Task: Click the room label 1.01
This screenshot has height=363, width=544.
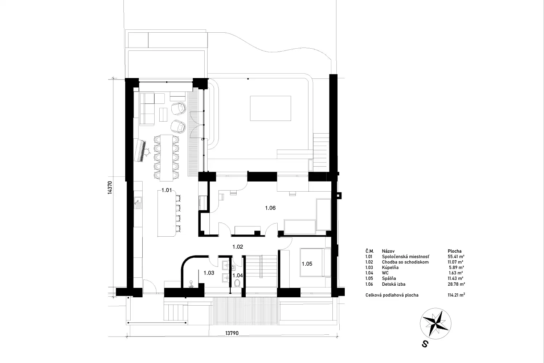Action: click(x=167, y=190)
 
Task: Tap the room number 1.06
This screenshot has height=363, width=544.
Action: click(x=270, y=208)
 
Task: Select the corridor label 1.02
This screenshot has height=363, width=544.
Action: click(x=237, y=247)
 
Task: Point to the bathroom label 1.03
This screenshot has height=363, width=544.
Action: click(x=209, y=273)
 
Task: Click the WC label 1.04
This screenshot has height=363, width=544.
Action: click(x=238, y=276)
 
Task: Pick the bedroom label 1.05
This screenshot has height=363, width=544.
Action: click(x=307, y=264)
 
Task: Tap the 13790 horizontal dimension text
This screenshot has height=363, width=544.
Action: click(x=232, y=333)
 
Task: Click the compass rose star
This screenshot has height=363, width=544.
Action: click(x=436, y=324)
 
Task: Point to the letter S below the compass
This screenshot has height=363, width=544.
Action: click(x=425, y=344)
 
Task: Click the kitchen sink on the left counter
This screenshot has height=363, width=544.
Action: click(x=138, y=203)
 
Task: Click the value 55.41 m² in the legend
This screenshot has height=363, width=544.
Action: click(x=456, y=256)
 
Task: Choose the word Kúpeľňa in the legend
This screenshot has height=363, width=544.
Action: click(x=390, y=267)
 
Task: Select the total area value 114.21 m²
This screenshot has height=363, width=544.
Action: click(x=456, y=295)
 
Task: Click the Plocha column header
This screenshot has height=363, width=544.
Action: click(x=455, y=251)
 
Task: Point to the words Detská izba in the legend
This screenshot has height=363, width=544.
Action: click(x=394, y=284)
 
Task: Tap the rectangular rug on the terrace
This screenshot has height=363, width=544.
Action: click(x=270, y=108)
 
